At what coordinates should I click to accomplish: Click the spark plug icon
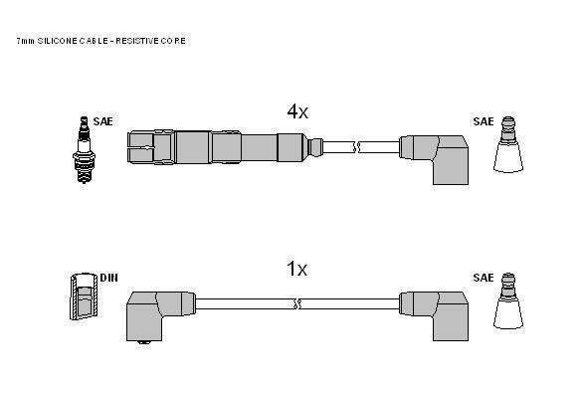click(x=84, y=150)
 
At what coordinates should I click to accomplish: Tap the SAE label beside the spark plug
click(x=102, y=121)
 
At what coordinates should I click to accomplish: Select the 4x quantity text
click(x=297, y=111)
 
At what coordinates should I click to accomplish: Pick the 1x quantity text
click(x=296, y=269)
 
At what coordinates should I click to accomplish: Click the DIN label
click(x=108, y=278)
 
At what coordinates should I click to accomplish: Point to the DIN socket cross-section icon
click(x=85, y=296)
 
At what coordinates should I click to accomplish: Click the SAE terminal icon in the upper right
click(x=508, y=144)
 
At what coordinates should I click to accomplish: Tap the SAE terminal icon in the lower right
click(x=508, y=300)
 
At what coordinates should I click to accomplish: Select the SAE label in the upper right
click(x=484, y=121)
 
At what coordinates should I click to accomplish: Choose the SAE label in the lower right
click(x=484, y=278)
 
